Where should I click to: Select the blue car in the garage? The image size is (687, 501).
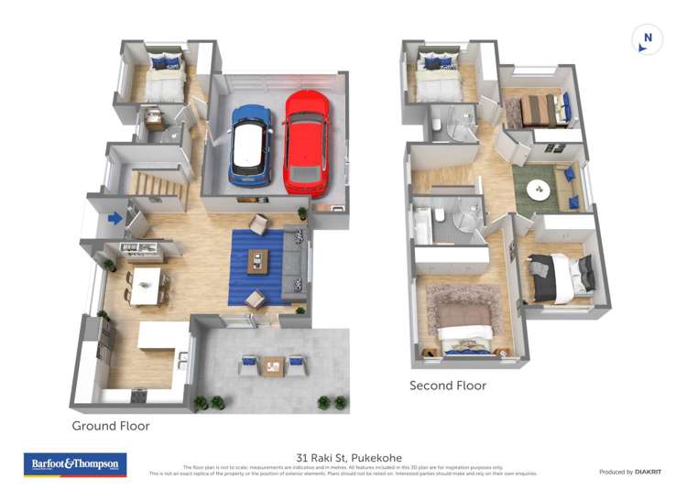(250, 142)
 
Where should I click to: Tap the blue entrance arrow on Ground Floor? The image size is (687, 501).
(115, 218)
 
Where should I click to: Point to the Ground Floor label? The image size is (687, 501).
(111, 426)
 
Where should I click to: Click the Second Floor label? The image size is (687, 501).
(448, 386)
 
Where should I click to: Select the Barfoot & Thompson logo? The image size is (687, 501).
(75, 464)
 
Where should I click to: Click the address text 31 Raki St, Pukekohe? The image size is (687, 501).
(349, 457)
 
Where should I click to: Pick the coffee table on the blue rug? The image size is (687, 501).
(259, 262)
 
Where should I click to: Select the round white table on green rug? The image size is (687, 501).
(539, 190)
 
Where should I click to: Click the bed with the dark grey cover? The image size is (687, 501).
(560, 276)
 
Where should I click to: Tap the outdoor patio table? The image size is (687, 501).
(273, 365)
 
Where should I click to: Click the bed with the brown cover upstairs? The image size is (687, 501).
(540, 111)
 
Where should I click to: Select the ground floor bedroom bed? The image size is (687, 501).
(163, 79)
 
